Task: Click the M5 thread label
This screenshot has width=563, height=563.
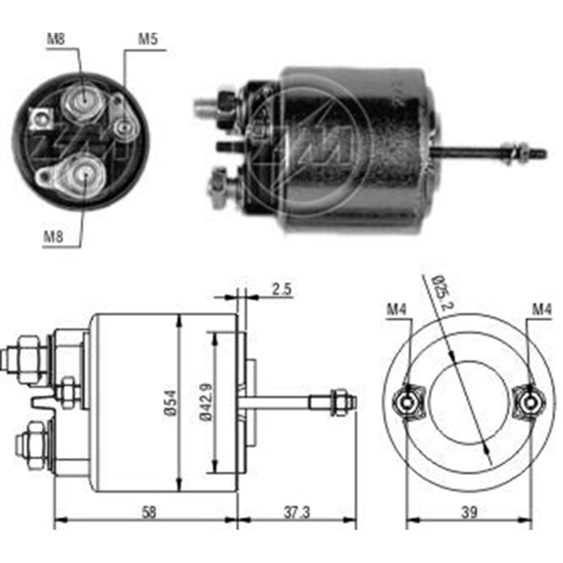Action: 148,39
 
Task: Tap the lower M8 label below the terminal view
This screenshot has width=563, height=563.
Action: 53,237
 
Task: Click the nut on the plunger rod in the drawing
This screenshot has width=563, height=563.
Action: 339,402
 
